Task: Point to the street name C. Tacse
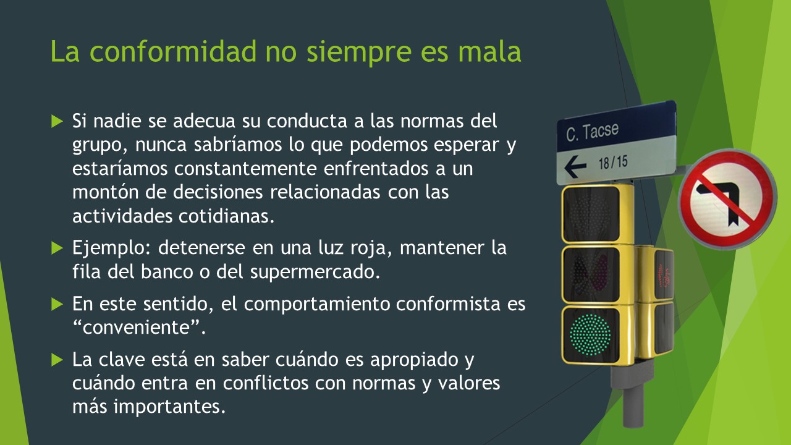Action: click(x=592, y=132)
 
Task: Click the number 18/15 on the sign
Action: click(x=612, y=163)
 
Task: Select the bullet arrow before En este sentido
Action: click(x=57, y=304)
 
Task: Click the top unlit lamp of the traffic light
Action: click(x=590, y=213)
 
